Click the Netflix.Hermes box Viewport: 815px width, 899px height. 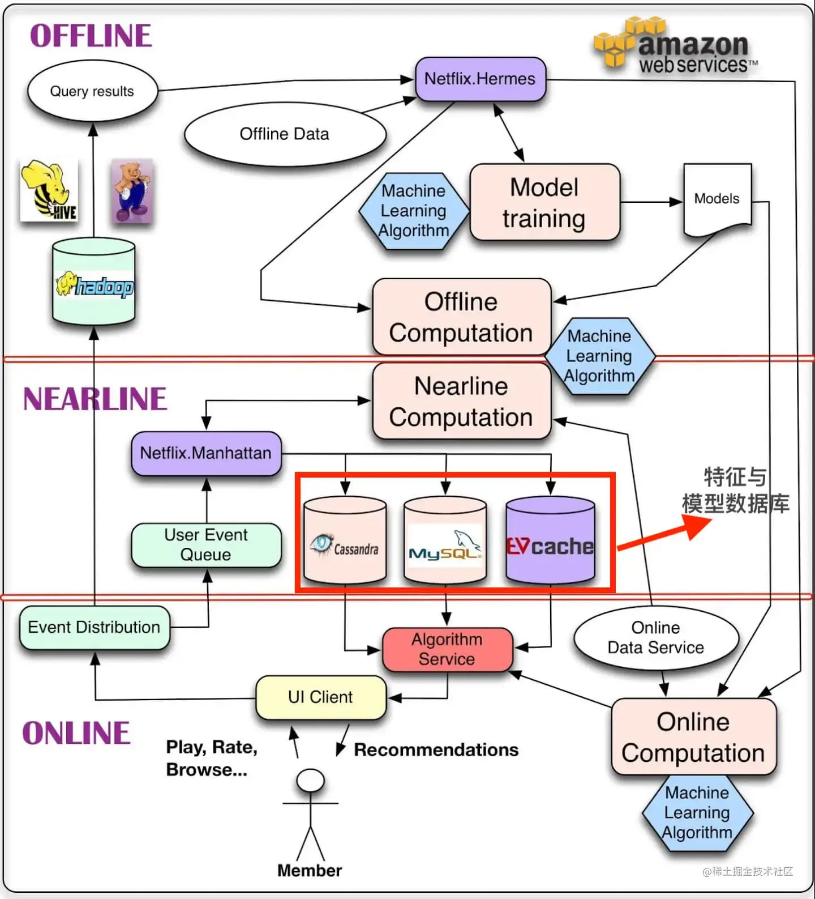pyautogui.click(x=481, y=79)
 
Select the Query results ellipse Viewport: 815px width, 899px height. pyautogui.click(x=92, y=91)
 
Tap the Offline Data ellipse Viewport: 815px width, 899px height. pyautogui.click(x=285, y=134)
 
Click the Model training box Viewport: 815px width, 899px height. pyautogui.click(x=545, y=202)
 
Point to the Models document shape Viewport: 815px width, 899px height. pyautogui.click(x=718, y=200)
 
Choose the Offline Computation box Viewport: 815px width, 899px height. pyautogui.click(x=462, y=317)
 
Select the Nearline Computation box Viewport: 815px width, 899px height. pyautogui.click(x=462, y=401)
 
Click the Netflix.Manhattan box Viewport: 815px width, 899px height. pyautogui.click(x=206, y=453)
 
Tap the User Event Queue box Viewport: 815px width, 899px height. pyautogui.click(x=206, y=545)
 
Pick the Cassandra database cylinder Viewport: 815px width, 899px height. pyautogui.click(x=345, y=540)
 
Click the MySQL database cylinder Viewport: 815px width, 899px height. pyautogui.click(x=445, y=540)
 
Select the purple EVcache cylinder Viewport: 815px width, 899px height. pyautogui.click(x=550, y=540)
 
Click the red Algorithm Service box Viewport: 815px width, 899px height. pyautogui.click(x=448, y=649)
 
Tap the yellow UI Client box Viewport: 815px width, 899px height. pyautogui.click(x=321, y=697)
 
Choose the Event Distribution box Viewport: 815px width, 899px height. pyautogui.click(x=95, y=628)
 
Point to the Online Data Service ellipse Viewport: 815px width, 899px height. pyautogui.click(x=656, y=638)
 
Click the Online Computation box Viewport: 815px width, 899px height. pyautogui.click(x=694, y=737)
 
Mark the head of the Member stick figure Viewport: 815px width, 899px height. pyautogui.click(x=311, y=781)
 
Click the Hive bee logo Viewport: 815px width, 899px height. pyautogui.click(x=49, y=190)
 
